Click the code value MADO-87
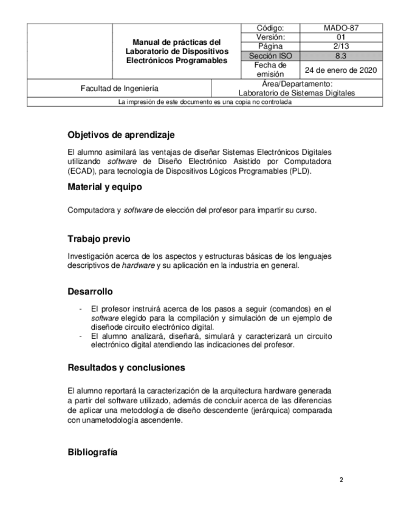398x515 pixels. click(341, 28)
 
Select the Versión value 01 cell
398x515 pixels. click(341, 37)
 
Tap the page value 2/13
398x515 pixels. click(341, 46)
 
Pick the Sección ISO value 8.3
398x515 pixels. click(341, 55)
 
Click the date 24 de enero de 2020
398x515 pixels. click(341, 69)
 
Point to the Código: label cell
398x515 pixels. click(270, 28)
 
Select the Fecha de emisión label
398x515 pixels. click(270, 69)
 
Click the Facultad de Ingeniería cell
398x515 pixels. click(119, 88)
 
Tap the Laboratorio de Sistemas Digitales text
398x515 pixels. click(297, 93)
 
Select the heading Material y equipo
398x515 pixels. click(105, 187)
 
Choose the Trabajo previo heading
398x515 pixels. click(98, 239)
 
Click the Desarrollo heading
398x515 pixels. click(90, 292)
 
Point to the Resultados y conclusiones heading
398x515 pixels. click(126, 367)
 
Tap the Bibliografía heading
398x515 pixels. click(92, 452)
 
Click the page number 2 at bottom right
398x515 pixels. click(341, 480)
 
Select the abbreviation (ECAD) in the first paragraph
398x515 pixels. click(80, 171)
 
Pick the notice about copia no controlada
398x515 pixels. click(205, 102)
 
